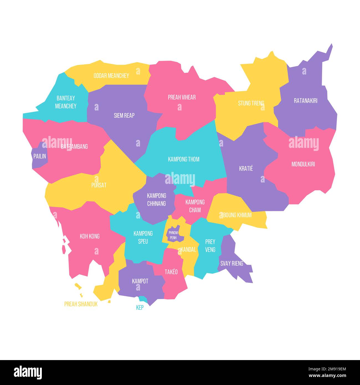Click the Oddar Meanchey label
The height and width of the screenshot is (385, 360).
point(111,76)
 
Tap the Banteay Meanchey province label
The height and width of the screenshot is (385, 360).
point(66,102)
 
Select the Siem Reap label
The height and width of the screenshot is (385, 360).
point(124,115)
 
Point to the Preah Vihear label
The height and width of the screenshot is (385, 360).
point(182,97)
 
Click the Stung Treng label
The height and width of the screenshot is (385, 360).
point(251,103)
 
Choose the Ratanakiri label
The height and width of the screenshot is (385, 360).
point(305,101)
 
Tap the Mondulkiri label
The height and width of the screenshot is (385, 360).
point(303,164)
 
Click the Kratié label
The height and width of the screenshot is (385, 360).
point(246,168)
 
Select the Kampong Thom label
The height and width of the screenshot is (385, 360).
point(184,159)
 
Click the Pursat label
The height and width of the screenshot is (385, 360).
point(99,185)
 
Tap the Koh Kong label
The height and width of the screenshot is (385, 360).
point(89,236)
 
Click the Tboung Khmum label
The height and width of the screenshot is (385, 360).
point(236,215)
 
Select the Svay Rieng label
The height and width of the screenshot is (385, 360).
point(232,263)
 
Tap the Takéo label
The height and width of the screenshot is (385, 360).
point(171,272)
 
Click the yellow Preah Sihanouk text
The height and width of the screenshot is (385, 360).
point(81,304)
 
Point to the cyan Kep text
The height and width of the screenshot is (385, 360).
point(140,307)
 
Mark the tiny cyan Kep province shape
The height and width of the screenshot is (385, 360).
point(143,299)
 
